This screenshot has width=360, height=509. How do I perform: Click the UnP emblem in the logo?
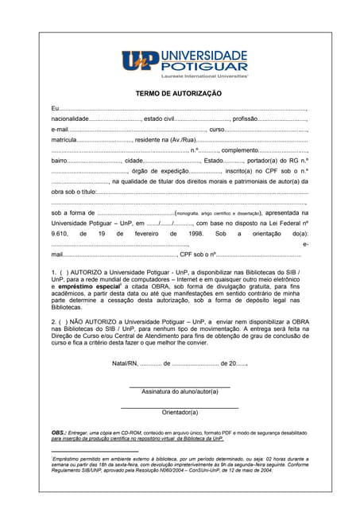[x=141, y=60]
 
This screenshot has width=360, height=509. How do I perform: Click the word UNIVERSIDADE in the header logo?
[x=204, y=54]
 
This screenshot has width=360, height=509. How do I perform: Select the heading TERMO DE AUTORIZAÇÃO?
[x=179, y=93]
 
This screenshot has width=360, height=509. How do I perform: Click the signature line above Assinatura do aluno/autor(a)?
[x=180, y=387]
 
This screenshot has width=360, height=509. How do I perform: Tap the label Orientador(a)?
[x=180, y=412]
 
